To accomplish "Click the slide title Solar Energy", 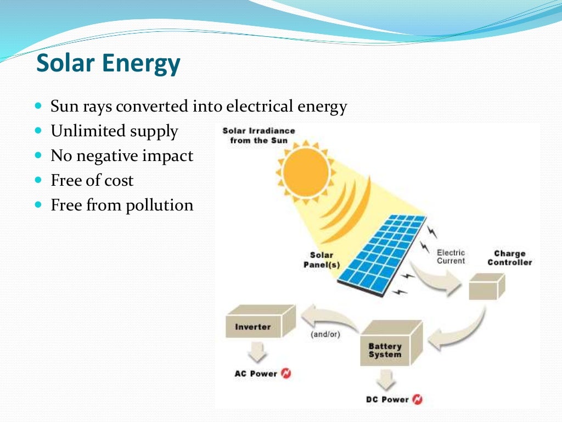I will coord(108,64).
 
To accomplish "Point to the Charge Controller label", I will coord(509,258).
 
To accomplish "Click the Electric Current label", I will coord(451,257).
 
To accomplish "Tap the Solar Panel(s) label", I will coord(322,260).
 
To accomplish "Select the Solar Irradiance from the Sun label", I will coord(258,135).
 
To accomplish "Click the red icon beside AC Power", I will coord(285,374).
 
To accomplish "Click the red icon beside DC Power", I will coord(417,399).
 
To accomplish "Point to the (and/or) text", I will coord(325,334).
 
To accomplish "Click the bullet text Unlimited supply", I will coord(114,131).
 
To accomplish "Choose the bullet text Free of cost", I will coord(92,180).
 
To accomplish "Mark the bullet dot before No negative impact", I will coord(38,156).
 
